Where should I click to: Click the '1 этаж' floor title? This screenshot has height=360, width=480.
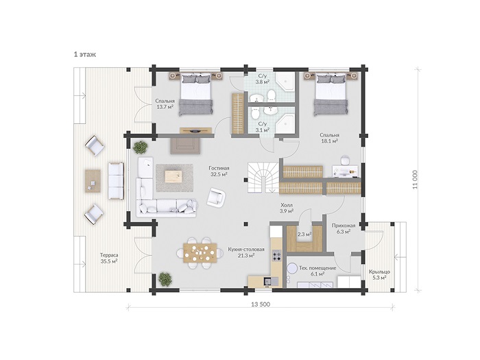85,54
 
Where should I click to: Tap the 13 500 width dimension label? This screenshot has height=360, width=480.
261,304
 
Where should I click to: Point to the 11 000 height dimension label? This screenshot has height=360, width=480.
415,180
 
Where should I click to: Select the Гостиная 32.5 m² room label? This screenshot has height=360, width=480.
219,171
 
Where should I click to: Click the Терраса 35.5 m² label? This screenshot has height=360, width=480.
109,258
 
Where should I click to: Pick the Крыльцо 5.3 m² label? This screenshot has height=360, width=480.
379,274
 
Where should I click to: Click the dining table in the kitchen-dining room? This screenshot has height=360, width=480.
200,253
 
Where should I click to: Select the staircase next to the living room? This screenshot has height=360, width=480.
263,178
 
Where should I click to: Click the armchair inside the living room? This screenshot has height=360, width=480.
216,197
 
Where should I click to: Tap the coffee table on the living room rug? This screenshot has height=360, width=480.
173,177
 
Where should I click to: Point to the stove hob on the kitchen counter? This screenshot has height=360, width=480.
277,255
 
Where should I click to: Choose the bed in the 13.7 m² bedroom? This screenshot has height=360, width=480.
196,94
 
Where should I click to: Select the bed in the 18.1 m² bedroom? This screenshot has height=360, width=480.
331,94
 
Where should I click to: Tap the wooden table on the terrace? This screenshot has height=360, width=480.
93,180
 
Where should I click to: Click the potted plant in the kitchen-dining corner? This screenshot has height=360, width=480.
165,279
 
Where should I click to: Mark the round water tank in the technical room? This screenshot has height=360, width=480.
293,269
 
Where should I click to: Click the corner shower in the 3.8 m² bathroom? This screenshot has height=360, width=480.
285,82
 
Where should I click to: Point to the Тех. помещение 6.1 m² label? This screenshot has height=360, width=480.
317,271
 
